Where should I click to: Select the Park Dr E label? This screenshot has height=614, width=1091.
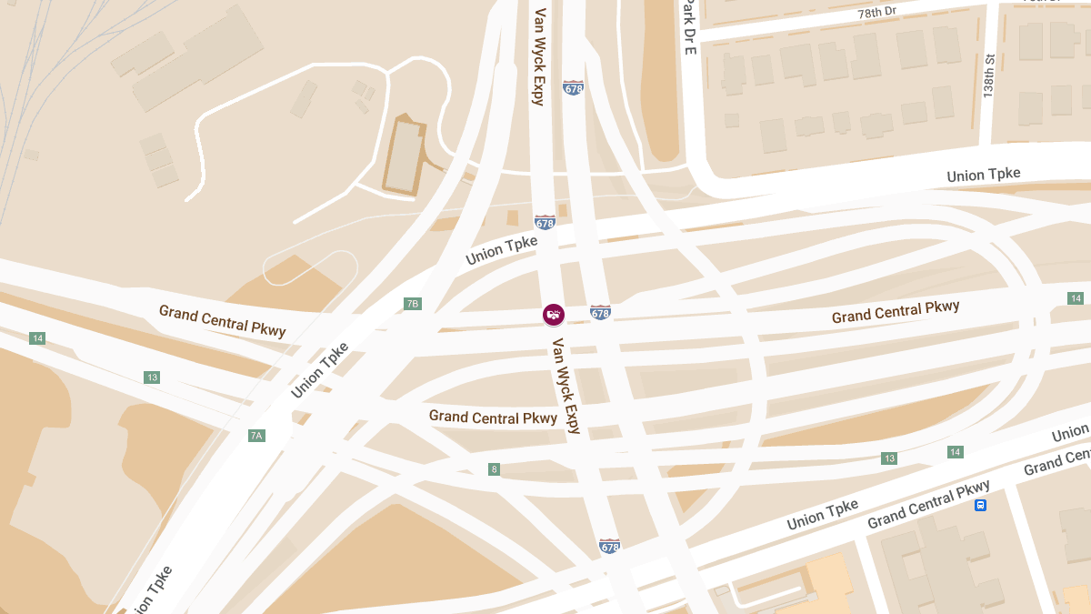point(690,26)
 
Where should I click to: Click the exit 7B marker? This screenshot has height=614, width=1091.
point(413,303)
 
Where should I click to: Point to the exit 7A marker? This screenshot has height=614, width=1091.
point(256,436)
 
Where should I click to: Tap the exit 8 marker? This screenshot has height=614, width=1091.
point(494,469)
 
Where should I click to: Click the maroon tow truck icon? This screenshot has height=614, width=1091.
point(553,315)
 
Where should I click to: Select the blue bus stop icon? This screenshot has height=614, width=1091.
point(980,505)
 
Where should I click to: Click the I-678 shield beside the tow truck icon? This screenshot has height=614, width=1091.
point(600,313)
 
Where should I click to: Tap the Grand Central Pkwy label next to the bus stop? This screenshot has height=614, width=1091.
point(928,506)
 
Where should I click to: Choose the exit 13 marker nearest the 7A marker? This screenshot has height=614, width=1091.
point(152,377)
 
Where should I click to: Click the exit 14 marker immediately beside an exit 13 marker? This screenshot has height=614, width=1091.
point(955,452)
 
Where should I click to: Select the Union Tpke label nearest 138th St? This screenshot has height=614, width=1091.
point(983,175)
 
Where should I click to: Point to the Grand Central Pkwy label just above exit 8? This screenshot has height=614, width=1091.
point(493,418)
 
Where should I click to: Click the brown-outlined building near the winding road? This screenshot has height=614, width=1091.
point(404,156)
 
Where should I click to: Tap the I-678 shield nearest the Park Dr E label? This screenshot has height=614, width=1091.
point(573,88)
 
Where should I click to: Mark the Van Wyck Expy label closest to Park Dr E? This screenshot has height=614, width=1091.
point(539,56)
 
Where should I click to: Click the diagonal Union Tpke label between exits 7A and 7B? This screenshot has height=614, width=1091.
point(320,369)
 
